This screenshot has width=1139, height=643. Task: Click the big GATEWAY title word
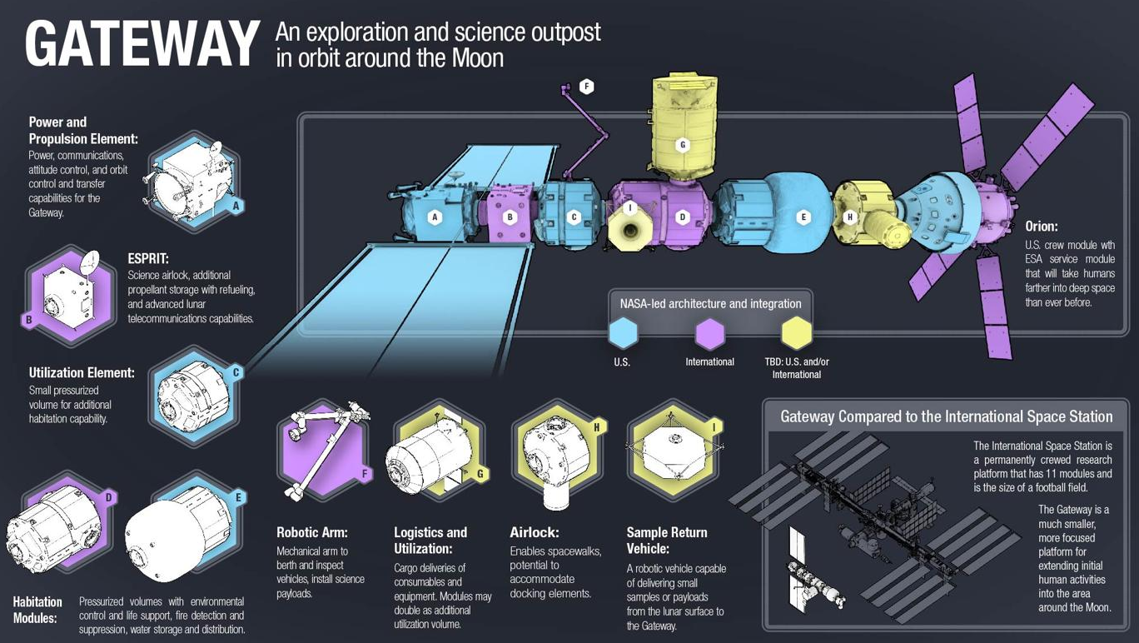pyautogui.click(x=142, y=44)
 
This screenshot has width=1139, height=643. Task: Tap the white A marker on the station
pyautogui.click(x=435, y=217)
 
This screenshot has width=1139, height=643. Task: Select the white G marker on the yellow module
pyautogui.click(x=683, y=145)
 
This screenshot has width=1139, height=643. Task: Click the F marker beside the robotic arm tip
pyautogui.click(x=587, y=87)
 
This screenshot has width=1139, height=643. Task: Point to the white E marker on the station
pyautogui.click(x=803, y=217)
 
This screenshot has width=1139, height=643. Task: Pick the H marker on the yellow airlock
pyautogui.click(x=850, y=217)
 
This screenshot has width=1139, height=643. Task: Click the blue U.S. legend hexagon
pyautogui.click(x=623, y=333)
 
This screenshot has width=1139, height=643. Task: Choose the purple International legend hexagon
pyautogui.click(x=709, y=334)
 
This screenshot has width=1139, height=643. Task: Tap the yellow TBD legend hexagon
pyautogui.click(x=796, y=333)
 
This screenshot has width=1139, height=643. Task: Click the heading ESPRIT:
pyautogui.click(x=148, y=258)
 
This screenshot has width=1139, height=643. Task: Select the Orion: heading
pyautogui.click(x=1042, y=227)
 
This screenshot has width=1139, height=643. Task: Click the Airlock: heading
pyautogui.click(x=535, y=532)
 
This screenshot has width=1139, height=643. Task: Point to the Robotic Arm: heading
pyautogui.click(x=312, y=532)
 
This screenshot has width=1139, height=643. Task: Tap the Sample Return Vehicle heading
pyautogui.click(x=667, y=541)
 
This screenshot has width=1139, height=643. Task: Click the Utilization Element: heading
pyautogui.click(x=82, y=373)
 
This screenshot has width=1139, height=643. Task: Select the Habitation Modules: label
pyautogui.click(x=37, y=610)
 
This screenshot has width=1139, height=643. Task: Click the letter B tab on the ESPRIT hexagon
pyautogui.click(x=29, y=320)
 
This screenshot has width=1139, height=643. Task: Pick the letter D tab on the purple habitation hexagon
pyautogui.click(x=108, y=497)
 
